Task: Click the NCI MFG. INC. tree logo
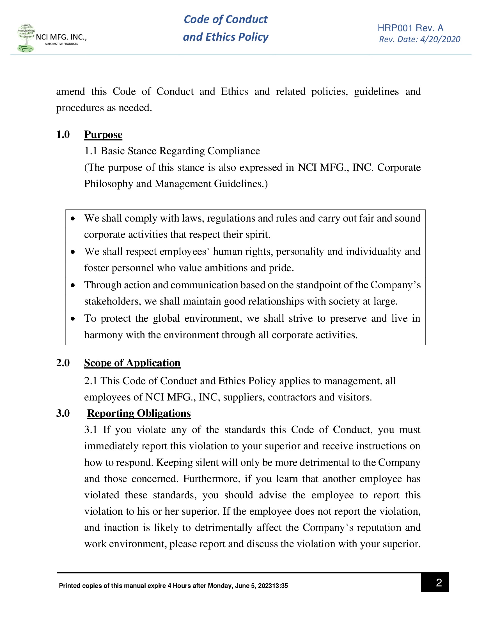pyautogui.click(x=26, y=38)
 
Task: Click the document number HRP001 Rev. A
pyautogui.click(x=410, y=28)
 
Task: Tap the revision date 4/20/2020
pyautogui.click(x=440, y=39)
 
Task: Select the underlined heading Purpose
pyautogui.click(x=103, y=135)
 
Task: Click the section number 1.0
pyautogui.click(x=63, y=135)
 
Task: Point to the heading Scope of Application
pyautogui.click(x=132, y=363)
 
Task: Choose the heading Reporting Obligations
pyautogui.click(x=139, y=413)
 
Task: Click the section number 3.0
pyautogui.click(x=63, y=413)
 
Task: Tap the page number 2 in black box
pyautogui.click(x=439, y=583)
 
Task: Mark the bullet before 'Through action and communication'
pyautogui.click(x=73, y=285)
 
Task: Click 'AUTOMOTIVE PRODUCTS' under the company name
pyautogui.click(x=61, y=44)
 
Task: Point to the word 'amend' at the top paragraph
pyautogui.click(x=70, y=92)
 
